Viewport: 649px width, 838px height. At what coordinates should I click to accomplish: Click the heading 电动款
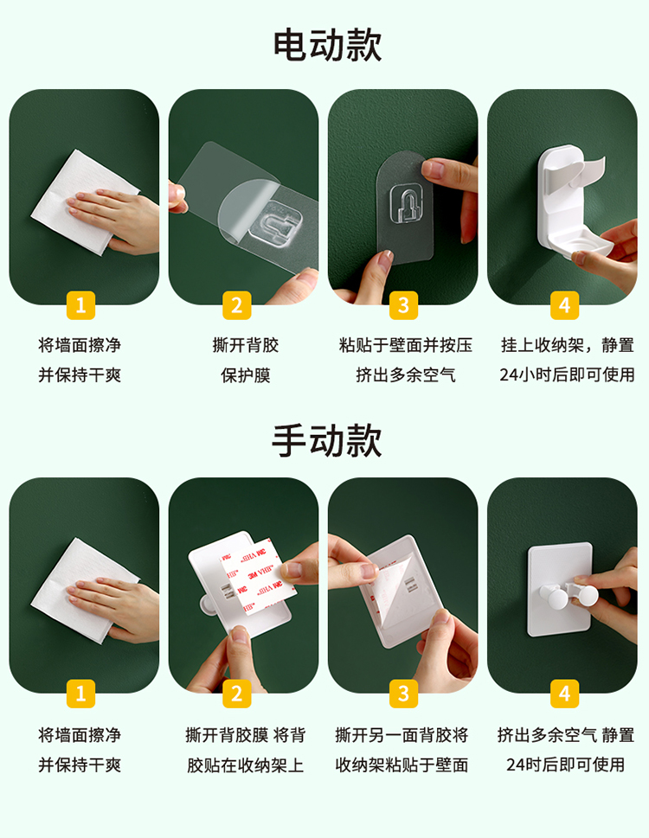tap(328, 46)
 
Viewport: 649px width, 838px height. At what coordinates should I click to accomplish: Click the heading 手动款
tap(327, 440)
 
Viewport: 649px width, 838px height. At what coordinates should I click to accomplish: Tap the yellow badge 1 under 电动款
tap(80, 305)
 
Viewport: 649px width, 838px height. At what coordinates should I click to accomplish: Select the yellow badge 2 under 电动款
tap(237, 305)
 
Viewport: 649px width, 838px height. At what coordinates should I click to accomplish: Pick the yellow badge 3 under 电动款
tap(403, 305)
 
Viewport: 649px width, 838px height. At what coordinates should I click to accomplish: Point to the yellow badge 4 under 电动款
tap(564, 305)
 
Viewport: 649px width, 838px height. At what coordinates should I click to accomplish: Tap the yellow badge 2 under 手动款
tap(237, 694)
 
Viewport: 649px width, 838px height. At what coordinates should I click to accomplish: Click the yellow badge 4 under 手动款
tap(564, 694)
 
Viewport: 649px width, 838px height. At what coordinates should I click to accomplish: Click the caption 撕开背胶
tap(246, 345)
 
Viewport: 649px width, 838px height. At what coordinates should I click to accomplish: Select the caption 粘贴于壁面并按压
tap(406, 345)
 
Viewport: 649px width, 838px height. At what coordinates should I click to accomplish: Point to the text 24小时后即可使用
tap(567, 374)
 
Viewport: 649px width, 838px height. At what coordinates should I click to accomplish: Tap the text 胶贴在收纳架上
tap(246, 764)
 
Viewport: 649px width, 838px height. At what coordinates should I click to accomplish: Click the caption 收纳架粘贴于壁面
tap(402, 764)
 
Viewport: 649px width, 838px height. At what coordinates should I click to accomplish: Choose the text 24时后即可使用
tap(566, 764)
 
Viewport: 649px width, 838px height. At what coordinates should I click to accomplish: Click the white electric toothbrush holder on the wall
tap(572, 203)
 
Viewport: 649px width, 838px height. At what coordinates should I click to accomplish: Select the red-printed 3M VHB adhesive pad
tap(258, 577)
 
